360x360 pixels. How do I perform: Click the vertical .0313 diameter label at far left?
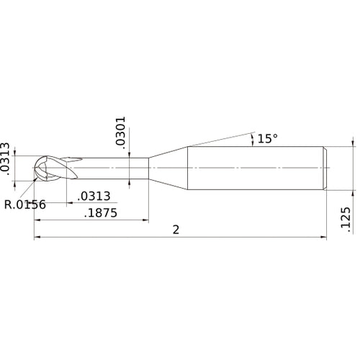tap(6, 158)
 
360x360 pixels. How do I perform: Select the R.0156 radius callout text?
tap(25, 204)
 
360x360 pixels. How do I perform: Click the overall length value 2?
tap(176, 230)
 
